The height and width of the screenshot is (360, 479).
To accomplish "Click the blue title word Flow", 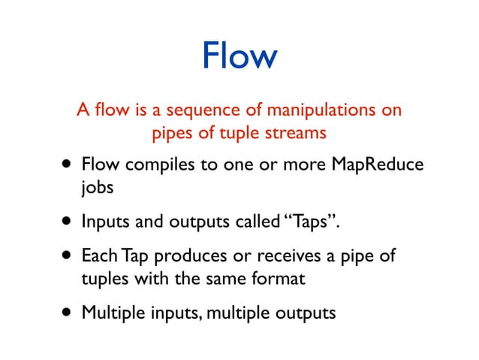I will pyautogui.click(x=239, y=57).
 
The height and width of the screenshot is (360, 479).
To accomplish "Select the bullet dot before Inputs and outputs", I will pyautogui.click(x=68, y=221).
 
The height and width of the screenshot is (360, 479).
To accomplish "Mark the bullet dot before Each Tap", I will pyautogui.click(x=68, y=255).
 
